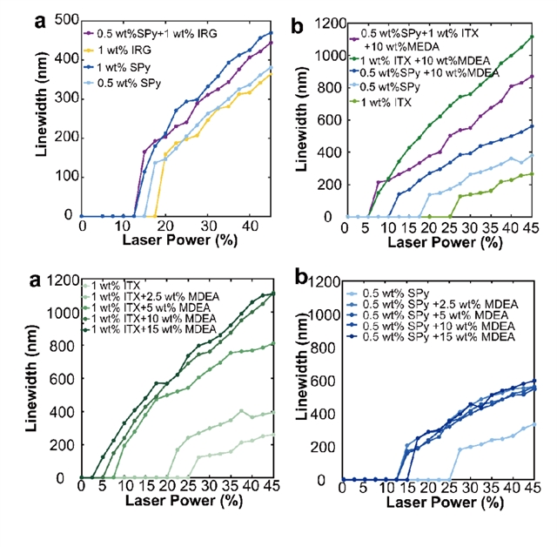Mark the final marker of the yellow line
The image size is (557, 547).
[272, 74]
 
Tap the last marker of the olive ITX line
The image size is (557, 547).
[532, 173]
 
